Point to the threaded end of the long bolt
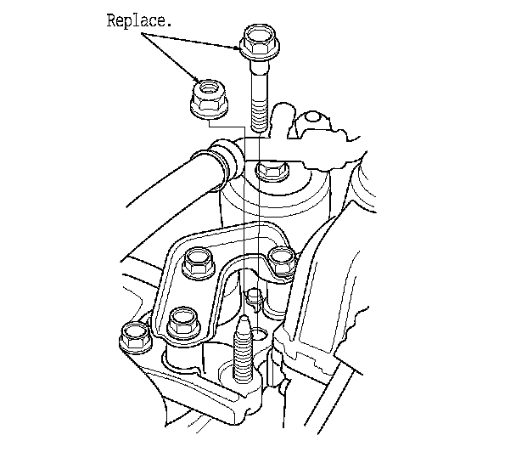click(260, 115)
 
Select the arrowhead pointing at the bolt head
click(238, 48)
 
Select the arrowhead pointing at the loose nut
click(197, 80)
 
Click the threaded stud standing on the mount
click(244, 348)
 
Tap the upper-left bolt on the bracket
click(198, 263)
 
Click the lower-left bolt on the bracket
click(182, 322)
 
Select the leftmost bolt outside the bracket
click(135, 336)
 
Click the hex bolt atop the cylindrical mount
click(272, 171)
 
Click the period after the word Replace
click(169, 25)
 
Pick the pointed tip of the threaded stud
click(244, 317)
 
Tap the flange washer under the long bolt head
click(260, 51)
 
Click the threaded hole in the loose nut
click(207, 87)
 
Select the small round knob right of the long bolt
click(313, 117)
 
